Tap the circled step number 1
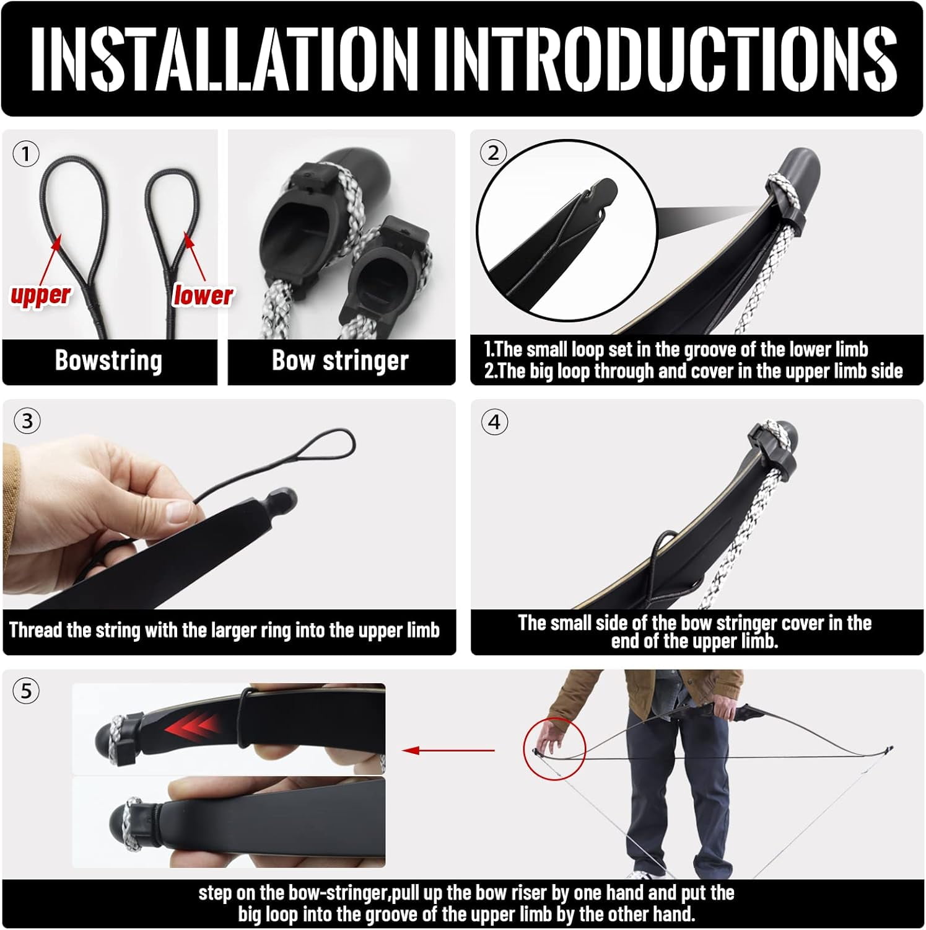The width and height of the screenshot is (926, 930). click(26, 153)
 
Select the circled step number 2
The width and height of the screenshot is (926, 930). click(494, 153)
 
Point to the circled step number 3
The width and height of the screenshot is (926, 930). click(27, 422)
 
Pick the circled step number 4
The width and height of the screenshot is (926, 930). click(494, 422)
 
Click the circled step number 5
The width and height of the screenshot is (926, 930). click(26, 691)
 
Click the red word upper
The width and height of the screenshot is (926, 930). click(40, 294)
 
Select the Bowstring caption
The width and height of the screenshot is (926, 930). click(108, 360)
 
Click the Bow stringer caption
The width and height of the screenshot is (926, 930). click(340, 360)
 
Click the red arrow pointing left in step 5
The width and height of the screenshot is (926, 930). click(448, 751)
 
